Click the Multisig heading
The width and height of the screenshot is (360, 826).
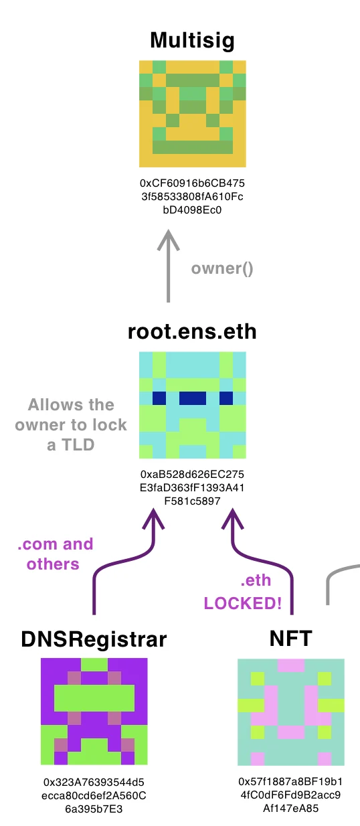point(192,41)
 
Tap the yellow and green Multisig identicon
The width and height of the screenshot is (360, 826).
point(192,114)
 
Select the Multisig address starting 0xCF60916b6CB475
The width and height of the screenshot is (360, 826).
point(192,197)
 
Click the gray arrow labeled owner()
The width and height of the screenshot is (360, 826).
point(169,266)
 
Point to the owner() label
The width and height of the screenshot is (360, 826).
point(222,269)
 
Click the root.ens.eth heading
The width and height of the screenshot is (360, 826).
point(192,331)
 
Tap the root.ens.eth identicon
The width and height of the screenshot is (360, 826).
point(192,405)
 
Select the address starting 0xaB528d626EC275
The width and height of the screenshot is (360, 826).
point(192,487)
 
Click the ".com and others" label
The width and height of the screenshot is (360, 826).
point(56,554)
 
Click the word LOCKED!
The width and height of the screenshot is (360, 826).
point(243,603)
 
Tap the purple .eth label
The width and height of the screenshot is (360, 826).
point(256,580)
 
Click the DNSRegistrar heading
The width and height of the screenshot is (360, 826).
point(94,639)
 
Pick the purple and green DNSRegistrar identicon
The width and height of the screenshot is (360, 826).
point(94,712)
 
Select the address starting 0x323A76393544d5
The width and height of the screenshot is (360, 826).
point(94,795)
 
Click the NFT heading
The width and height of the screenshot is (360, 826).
point(290,639)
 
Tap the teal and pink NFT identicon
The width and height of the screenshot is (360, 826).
point(290,712)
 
